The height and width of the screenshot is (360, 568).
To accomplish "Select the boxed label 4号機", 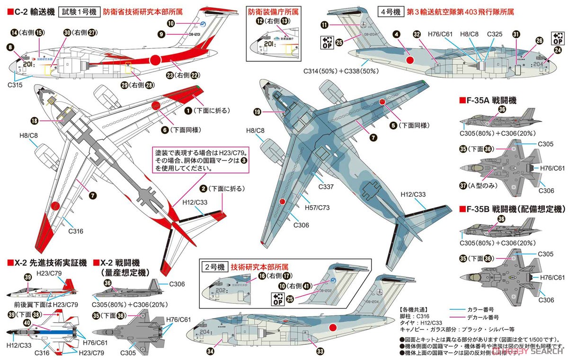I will pyautogui.click(x=389, y=10).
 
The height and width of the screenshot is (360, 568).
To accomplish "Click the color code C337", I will pyautogui.click(x=326, y=187).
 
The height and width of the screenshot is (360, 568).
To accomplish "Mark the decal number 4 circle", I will pyautogui.click(x=396, y=34).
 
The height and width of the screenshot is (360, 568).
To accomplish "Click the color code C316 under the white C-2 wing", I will pyautogui.click(x=75, y=231).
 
